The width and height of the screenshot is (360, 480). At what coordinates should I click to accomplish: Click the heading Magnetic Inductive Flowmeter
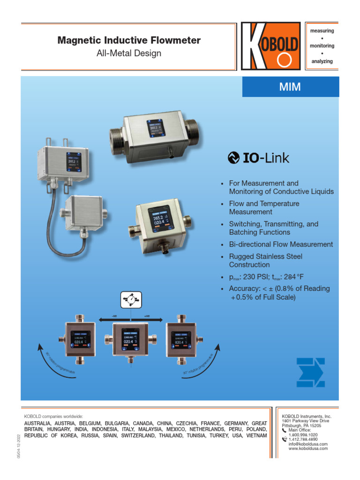pyautogui.click(x=129, y=40)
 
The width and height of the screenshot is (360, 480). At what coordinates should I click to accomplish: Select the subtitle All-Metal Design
pyautogui.click(x=129, y=53)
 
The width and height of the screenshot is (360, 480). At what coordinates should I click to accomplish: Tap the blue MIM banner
pyautogui.click(x=290, y=87)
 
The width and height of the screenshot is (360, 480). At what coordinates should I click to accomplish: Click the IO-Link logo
pyautogui.click(x=258, y=158)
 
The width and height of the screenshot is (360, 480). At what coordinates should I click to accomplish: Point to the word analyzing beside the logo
pyautogui.click(x=321, y=61)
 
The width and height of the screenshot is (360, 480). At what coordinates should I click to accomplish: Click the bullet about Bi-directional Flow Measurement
pyautogui.click(x=281, y=244)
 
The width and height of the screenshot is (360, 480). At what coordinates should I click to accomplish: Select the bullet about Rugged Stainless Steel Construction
pyautogui.click(x=265, y=261)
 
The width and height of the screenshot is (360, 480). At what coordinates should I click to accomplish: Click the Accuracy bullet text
pyautogui.click(x=279, y=292)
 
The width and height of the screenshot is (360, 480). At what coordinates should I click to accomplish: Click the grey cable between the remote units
pyautogui.click(x=49, y=220)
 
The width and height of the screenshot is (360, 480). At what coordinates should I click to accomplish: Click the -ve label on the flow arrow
pyautogui.click(x=114, y=315)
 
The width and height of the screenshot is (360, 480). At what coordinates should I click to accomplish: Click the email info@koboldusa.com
pyautogui.click(x=308, y=443)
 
